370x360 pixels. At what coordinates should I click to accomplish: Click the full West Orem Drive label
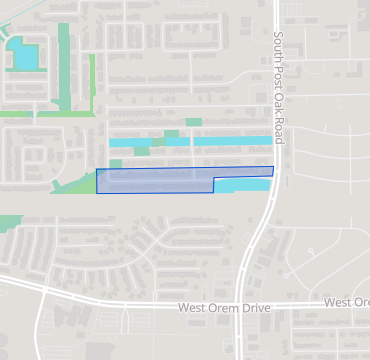[225, 309]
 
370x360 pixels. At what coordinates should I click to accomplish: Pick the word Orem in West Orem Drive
[227, 309]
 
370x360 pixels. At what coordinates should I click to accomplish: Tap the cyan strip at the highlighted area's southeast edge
[240, 186]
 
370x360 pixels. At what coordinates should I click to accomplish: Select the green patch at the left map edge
[8, 223]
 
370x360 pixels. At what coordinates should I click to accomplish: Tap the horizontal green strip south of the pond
[30, 115]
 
